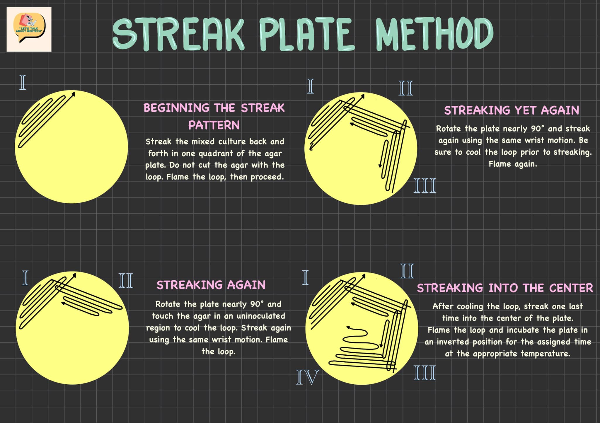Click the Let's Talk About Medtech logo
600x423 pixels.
click(29, 29)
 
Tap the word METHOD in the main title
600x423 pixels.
click(435, 33)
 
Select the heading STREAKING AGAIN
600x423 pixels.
click(211, 285)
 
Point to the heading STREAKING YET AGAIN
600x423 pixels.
click(512, 110)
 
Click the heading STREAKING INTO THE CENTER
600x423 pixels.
click(505, 288)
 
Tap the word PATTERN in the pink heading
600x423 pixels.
click(214, 125)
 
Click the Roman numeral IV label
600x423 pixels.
click(307, 377)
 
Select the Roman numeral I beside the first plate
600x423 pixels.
click(23, 82)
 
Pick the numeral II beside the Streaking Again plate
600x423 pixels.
click(126, 281)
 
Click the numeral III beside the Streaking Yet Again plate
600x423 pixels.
click(425, 185)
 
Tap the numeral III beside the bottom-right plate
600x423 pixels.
click(425, 373)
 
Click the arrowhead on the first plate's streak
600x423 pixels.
click(74, 93)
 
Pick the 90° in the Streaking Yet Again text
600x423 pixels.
click(537, 129)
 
